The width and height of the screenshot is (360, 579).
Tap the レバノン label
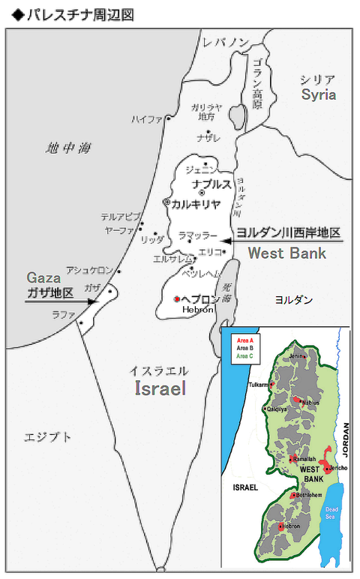point(226,43)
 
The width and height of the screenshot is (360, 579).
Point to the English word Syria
point(318,94)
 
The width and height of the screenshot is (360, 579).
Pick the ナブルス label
point(211,184)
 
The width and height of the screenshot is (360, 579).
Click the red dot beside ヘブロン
point(177,298)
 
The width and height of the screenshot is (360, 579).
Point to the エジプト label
point(48,436)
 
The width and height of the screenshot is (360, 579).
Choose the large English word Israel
point(160,388)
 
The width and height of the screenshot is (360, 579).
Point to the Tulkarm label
point(258,384)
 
